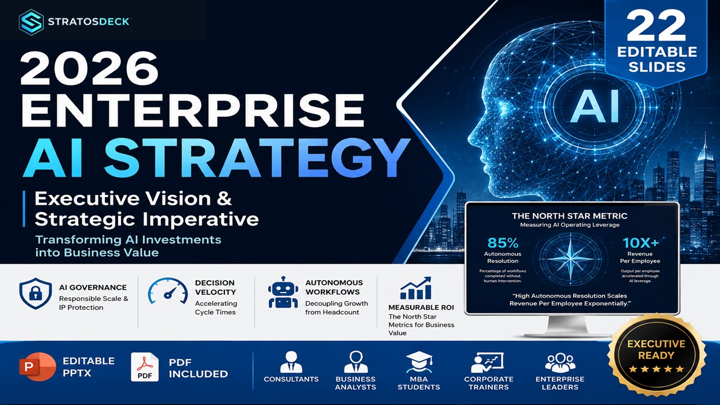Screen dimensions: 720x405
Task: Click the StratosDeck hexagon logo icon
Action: coord(31,22)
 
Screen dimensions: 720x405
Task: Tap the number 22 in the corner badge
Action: coord(656,26)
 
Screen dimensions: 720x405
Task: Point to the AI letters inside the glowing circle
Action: coord(595,106)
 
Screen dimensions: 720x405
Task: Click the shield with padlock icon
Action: coord(35,294)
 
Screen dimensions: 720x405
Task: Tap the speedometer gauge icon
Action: coord(168,291)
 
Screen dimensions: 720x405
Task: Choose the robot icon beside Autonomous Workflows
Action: coord(283,292)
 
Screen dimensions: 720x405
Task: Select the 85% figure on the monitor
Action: coord(503,243)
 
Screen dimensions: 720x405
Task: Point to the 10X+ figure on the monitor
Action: coord(640,243)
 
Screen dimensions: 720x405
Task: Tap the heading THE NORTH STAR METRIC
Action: coord(570,216)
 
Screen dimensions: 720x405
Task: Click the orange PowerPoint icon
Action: coord(37,367)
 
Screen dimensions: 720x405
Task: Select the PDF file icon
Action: coord(145,367)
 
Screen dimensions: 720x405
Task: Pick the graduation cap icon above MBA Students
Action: coord(419,362)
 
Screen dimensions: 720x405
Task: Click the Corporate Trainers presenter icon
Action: coord(487,363)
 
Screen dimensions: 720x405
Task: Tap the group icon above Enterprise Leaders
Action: coord(560,362)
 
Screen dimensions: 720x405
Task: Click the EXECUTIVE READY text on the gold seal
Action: coord(656,350)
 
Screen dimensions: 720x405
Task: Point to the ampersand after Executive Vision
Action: coord(224,199)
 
